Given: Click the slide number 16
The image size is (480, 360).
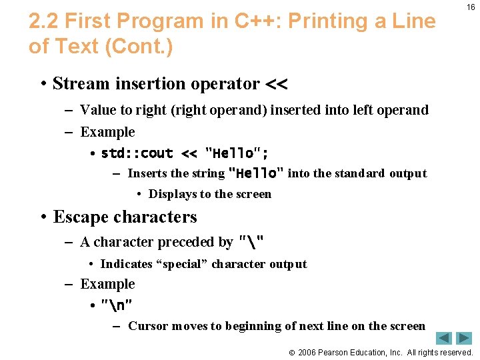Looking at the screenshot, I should pyautogui.click(x=471, y=7).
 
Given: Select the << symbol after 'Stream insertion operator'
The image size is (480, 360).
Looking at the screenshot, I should pyautogui.click(x=276, y=84).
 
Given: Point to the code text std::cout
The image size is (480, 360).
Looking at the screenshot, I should pyautogui.click(x=137, y=153).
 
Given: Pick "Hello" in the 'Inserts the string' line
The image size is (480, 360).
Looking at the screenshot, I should pyautogui.click(x=256, y=173).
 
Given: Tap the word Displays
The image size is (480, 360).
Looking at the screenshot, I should pyautogui.click(x=172, y=194).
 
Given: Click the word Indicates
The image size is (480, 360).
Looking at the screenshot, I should pyautogui.click(x=126, y=264).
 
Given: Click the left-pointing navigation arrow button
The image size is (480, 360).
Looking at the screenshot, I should pyautogui.click(x=445, y=338).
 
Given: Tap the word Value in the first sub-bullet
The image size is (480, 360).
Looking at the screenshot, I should pyautogui.click(x=98, y=110).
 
